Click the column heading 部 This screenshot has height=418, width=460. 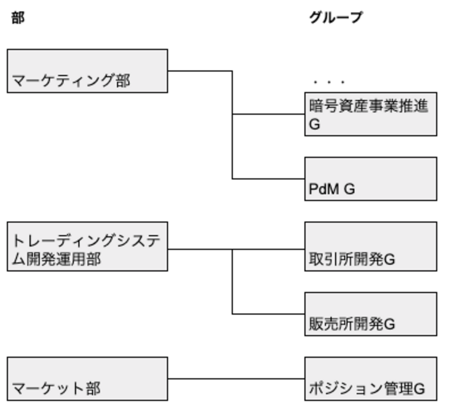tap(18, 18)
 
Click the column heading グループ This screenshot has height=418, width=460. tap(335, 17)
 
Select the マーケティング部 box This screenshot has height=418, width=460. tap(87, 71)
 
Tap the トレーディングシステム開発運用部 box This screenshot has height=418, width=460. tap(87, 246)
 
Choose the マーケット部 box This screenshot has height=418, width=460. tap(87, 379)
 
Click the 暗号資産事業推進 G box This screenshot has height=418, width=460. tap(370, 114)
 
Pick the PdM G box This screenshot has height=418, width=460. tap(370, 179)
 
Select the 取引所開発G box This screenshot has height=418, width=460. tap(370, 246)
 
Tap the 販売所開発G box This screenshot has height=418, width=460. tap(370, 314)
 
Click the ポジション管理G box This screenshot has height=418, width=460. tap(370, 379)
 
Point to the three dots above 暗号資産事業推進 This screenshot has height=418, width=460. tap(329, 82)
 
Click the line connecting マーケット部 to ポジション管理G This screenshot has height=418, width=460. tap(236, 379)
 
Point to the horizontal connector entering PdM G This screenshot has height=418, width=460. tap(268, 179)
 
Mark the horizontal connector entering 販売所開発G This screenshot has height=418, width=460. tap(268, 314)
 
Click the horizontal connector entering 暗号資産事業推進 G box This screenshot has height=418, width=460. tap(268, 114)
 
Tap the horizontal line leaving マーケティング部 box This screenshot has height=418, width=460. tap(200, 71)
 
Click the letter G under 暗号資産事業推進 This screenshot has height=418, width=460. tap(315, 124)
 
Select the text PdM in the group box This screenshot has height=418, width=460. tap(324, 189)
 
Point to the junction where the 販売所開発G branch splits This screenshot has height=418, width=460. tap(232, 249)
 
